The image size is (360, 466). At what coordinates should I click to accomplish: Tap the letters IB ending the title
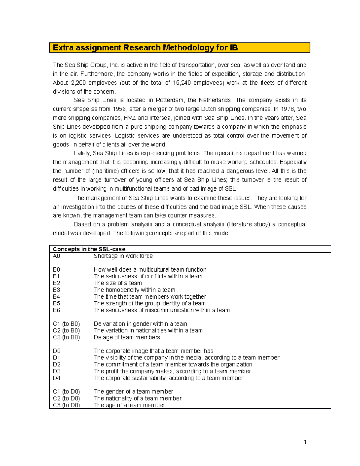pyautogui.click(x=233, y=48)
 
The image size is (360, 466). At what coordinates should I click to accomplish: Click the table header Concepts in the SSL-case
pyautogui.click(x=89, y=249)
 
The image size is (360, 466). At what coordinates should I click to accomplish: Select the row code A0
pyautogui.click(x=56, y=256)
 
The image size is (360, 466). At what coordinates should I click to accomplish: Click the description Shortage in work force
pyautogui.click(x=123, y=256)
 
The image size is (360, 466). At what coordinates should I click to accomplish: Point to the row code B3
pyautogui.click(x=56, y=290)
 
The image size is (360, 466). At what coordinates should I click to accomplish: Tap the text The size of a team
pyautogui.click(x=118, y=283)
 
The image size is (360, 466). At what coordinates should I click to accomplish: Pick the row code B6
pyautogui.click(x=56, y=310)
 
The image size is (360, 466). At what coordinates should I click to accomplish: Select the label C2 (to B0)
pyautogui.click(x=66, y=330)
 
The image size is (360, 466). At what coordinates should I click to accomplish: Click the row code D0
pyautogui.click(x=57, y=351)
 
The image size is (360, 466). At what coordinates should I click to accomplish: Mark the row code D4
pyautogui.click(x=57, y=378)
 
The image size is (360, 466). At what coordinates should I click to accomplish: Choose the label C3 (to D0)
pyautogui.click(x=66, y=405)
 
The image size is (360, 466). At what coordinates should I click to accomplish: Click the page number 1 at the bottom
pyautogui.click(x=305, y=442)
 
